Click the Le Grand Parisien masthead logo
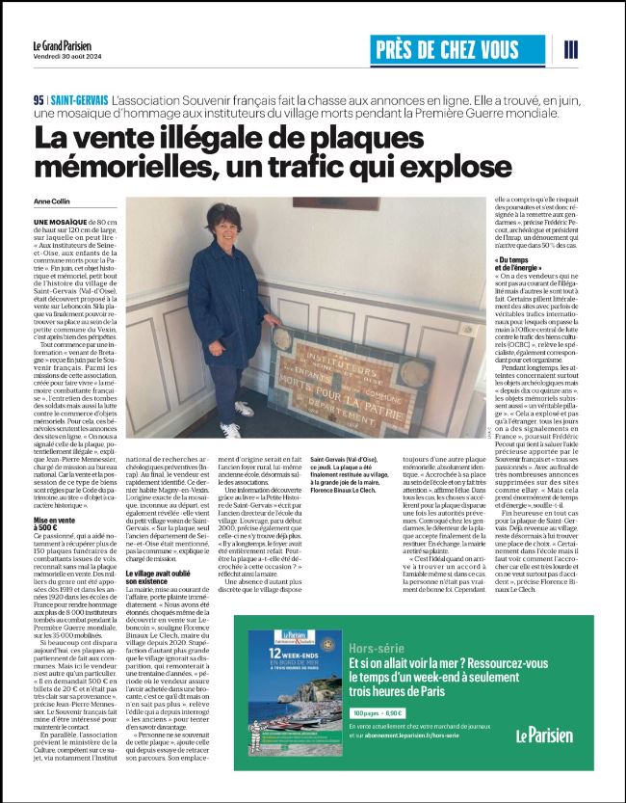86,44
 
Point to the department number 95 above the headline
38,100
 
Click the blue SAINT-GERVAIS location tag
78,100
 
